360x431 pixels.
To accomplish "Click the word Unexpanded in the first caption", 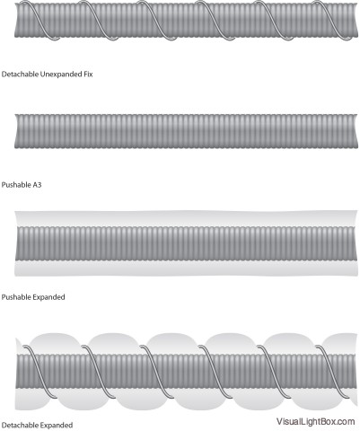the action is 60,75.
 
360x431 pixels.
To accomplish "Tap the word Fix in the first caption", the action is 87,74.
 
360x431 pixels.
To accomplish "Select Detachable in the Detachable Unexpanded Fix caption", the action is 20,74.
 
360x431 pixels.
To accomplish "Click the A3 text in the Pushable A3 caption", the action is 37,185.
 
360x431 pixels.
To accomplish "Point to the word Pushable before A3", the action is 16,185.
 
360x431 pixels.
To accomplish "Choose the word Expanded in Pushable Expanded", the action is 48,297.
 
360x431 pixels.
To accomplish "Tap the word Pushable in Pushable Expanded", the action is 16,297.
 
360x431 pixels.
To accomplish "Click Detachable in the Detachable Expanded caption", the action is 20,425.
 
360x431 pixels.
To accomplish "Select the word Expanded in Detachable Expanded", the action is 57,426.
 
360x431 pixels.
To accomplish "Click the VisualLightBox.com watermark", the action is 316,421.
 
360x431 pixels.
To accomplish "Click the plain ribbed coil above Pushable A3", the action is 186,131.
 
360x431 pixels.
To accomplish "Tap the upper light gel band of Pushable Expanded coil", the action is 186,219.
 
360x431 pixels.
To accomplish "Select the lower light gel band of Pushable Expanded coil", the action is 186,268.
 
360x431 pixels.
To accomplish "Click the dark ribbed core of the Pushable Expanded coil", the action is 186,243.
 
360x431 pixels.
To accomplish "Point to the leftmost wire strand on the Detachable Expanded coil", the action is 40,372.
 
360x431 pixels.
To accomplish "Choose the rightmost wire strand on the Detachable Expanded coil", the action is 333,372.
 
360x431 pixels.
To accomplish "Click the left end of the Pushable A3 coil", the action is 14,131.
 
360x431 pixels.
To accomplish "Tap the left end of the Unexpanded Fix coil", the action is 14,21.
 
